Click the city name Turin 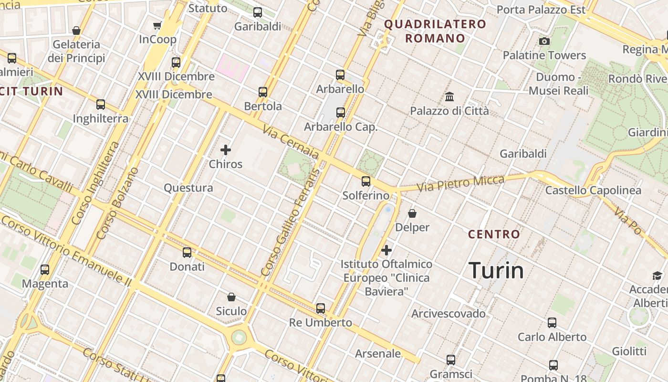pos(496,270)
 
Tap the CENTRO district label pos(494,234)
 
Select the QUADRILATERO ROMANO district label pos(435,31)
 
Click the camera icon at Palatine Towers pos(544,42)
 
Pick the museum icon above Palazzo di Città pos(449,97)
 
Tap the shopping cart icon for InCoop pos(157,25)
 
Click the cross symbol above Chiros pos(226,150)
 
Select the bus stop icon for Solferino pos(366,181)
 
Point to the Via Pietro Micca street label pos(461,183)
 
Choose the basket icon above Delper pos(412,213)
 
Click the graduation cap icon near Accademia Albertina pos(658,276)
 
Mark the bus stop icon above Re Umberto pos(321,308)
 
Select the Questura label pos(188,188)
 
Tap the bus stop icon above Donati pos(187,253)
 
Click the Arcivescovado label pos(449,314)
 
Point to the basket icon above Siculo pos(231,297)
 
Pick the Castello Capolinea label pos(593,191)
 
